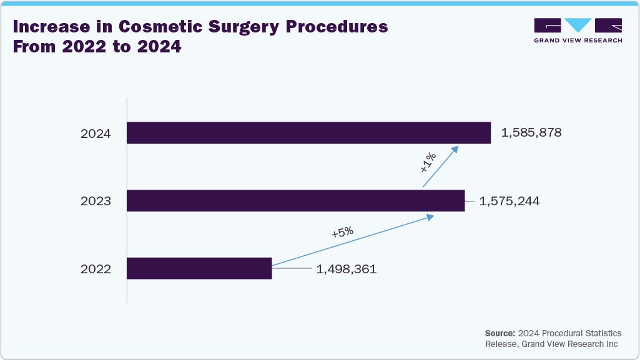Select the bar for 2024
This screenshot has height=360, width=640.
308,133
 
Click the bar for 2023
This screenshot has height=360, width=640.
295,201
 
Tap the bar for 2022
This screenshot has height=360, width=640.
199,268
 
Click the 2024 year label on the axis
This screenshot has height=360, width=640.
96,134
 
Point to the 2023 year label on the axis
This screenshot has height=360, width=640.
96,202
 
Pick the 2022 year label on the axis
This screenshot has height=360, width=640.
96,270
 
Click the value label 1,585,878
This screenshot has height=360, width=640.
531,133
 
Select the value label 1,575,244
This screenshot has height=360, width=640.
509,202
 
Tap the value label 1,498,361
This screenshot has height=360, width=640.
347,270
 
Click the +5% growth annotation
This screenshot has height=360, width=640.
342,232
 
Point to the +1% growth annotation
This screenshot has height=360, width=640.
428,162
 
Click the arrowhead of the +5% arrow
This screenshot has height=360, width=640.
430,216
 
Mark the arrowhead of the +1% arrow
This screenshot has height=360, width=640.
455,148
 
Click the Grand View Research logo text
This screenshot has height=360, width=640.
578,41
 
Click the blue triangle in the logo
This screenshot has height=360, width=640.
578,25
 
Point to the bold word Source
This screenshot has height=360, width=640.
500,333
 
